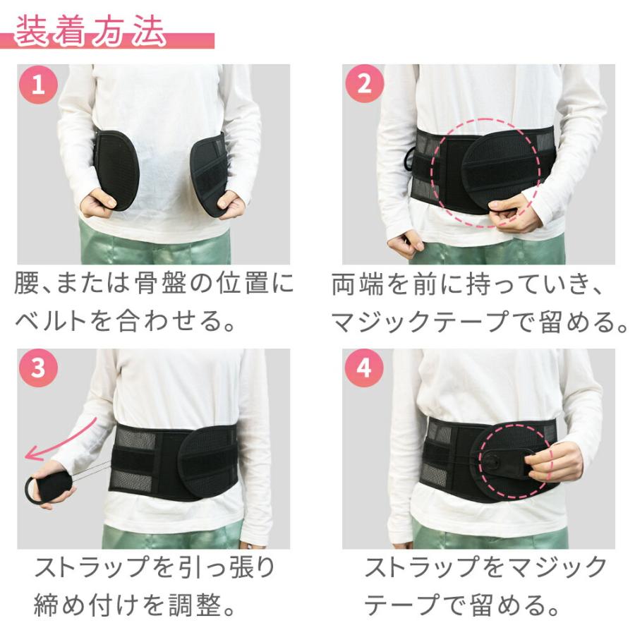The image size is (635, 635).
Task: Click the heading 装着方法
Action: tap(90, 32)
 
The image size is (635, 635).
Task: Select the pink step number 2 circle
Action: tap(364, 84)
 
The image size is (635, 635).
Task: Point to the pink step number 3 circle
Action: tap(38, 368)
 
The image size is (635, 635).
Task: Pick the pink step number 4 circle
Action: tap(363, 368)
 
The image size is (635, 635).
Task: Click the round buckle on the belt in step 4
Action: tap(492, 461)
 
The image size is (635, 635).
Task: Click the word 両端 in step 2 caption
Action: tap(358, 284)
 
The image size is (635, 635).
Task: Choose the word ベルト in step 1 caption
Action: tap(51, 321)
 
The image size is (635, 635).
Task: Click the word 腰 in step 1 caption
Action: tap(27, 283)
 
